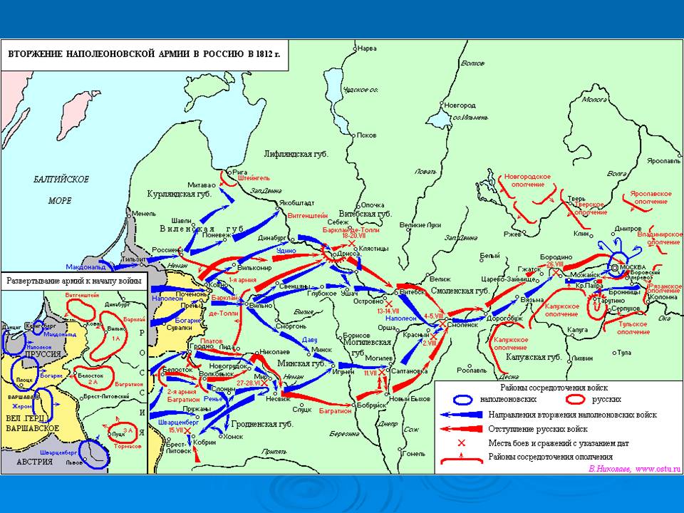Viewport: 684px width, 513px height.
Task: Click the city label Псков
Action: coord(368,135)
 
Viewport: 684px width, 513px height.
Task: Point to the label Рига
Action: coord(239,172)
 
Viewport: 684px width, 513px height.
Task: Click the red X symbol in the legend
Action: coord(461,442)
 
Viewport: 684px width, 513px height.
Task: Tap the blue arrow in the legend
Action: coord(461,414)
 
